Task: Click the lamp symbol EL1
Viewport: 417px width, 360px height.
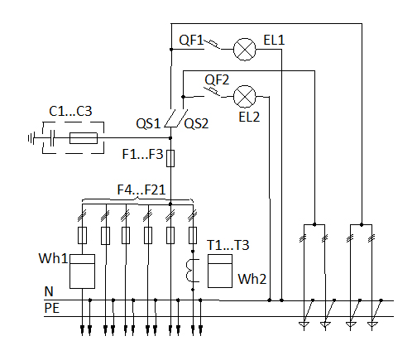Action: [245, 50]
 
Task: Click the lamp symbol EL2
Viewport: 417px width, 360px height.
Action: [245, 97]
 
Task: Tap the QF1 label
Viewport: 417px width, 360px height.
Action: [191, 41]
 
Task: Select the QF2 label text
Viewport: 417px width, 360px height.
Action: [217, 80]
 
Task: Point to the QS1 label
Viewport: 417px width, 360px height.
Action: [148, 123]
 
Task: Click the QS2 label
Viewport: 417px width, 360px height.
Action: [196, 123]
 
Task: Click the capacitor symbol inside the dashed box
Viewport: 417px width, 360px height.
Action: [52, 138]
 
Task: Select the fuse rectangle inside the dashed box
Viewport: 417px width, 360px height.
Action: [84, 138]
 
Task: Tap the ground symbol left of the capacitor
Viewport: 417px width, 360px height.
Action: [31, 138]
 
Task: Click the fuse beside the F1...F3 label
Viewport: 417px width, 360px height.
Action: [170, 159]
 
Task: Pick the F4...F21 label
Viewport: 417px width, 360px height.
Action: [141, 190]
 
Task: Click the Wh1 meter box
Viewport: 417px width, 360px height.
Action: [82, 271]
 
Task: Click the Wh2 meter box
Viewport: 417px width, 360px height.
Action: [220, 271]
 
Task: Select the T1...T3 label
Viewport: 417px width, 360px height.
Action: [228, 245]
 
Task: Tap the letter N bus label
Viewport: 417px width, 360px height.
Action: [49, 291]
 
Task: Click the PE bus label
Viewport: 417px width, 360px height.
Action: [52, 308]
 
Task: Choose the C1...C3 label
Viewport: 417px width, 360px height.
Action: [70, 111]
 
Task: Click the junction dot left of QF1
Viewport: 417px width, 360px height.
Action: [171, 50]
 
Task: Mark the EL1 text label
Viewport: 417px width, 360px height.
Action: [274, 40]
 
